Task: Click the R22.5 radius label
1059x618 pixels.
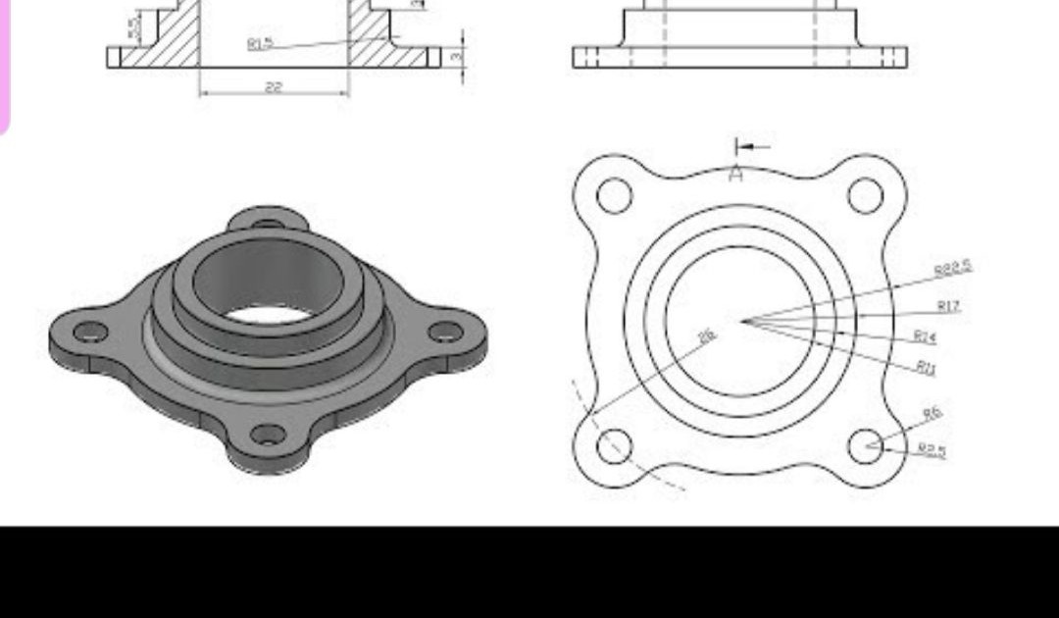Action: pyautogui.click(x=952, y=268)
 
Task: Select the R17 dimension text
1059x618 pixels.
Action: pyautogui.click(x=947, y=306)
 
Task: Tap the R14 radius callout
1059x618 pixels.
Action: pyautogui.click(x=925, y=336)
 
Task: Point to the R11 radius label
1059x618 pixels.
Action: pyautogui.click(x=926, y=367)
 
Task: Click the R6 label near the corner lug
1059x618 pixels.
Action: pyautogui.click(x=932, y=414)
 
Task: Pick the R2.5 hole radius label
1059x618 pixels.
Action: pyautogui.click(x=933, y=450)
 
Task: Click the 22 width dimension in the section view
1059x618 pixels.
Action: pyautogui.click(x=274, y=87)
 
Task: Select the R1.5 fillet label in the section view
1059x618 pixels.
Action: pyautogui.click(x=260, y=43)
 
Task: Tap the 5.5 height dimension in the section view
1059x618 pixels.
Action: pyautogui.click(x=133, y=26)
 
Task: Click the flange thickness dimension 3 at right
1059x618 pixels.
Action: pyautogui.click(x=456, y=57)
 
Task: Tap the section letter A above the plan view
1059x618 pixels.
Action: pyautogui.click(x=736, y=175)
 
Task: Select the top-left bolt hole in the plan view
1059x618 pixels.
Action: pyautogui.click(x=614, y=195)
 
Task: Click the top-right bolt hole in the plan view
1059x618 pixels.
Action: pyautogui.click(x=865, y=195)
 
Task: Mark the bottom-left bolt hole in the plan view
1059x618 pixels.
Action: pyautogui.click(x=614, y=445)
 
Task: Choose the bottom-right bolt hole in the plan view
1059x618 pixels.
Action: pyautogui.click(x=865, y=445)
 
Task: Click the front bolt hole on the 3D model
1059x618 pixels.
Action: pyautogui.click(x=268, y=434)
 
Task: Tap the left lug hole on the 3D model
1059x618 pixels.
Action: pyautogui.click(x=90, y=332)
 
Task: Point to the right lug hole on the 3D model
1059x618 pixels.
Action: pyautogui.click(x=445, y=332)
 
